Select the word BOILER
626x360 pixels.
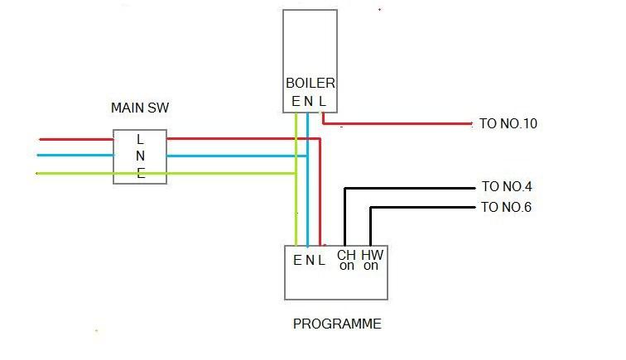(x=311, y=84)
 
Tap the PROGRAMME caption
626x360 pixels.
(x=337, y=324)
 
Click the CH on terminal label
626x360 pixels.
(x=346, y=260)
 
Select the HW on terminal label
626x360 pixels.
(x=371, y=260)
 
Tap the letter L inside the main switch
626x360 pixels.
(x=140, y=139)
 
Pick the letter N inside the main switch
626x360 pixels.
(x=140, y=156)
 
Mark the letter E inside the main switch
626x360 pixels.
(x=140, y=172)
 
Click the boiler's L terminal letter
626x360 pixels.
(x=323, y=102)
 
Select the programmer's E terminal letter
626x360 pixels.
(x=297, y=260)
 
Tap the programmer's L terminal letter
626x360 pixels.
(x=321, y=260)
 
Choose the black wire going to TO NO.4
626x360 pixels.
(x=414, y=188)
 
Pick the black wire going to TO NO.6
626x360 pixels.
(x=422, y=208)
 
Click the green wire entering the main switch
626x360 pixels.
(x=75, y=173)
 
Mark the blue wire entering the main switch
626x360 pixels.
(x=75, y=156)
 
